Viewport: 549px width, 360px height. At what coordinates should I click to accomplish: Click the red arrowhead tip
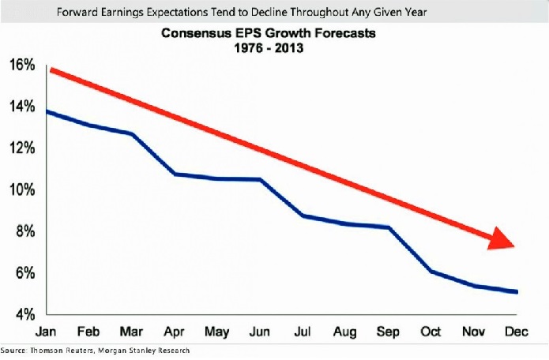pyautogui.click(x=515, y=246)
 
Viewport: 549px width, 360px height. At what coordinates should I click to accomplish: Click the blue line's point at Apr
pyautogui.click(x=174, y=174)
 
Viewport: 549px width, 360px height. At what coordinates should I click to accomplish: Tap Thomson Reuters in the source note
pyautogui.click(x=55, y=350)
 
